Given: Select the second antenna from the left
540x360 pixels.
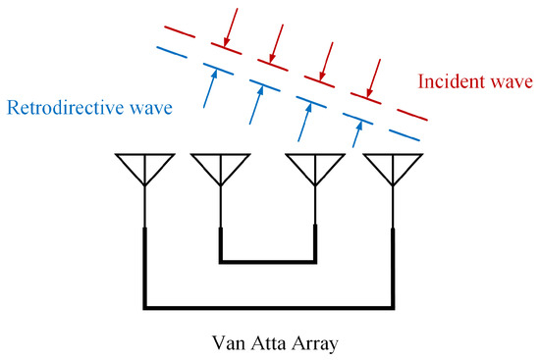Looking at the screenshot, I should click(x=218, y=166).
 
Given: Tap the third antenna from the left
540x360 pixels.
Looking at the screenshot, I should click(x=315, y=166).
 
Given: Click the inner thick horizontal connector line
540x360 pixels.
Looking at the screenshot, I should click(x=268, y=262).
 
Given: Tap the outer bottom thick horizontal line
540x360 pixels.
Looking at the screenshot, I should click(x=268, y=308).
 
